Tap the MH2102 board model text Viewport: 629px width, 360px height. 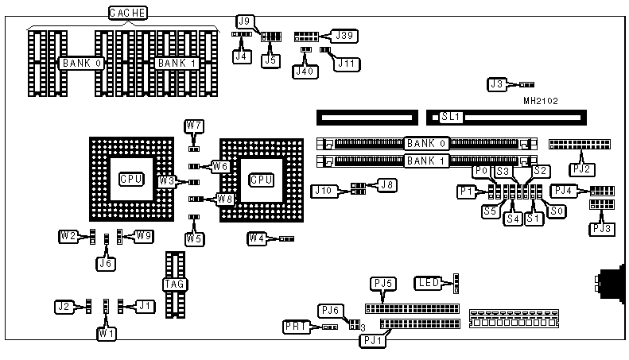pyautogui.click(x=540, y=101)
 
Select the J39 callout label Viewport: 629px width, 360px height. pyautogui.click(x=346, y=35)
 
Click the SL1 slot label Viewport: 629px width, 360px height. pyautogui.click(x=451, y=117)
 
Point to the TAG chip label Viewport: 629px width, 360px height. pyautogui.click(x=173, y=284)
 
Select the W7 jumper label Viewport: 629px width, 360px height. pyautogui.click(x=194, y=126)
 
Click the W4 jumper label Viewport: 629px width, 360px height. pyautogui.click(x=256, y=238)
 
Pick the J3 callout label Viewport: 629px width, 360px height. pyautogui.click(x=498, y=83)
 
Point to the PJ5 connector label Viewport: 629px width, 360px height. pyautogui.click(x=383, y=284)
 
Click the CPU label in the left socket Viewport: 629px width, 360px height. pyautogui.click(x=131, y=179)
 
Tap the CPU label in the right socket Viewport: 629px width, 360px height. pyautogui.click(x=262, y=179)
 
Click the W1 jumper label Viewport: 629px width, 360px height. pyautogui.click(x=107, y=334)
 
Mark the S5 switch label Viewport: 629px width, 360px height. pyautogui.click(x=490, y=211)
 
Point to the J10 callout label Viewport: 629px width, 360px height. pyautogui.click(x=324, y=191)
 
